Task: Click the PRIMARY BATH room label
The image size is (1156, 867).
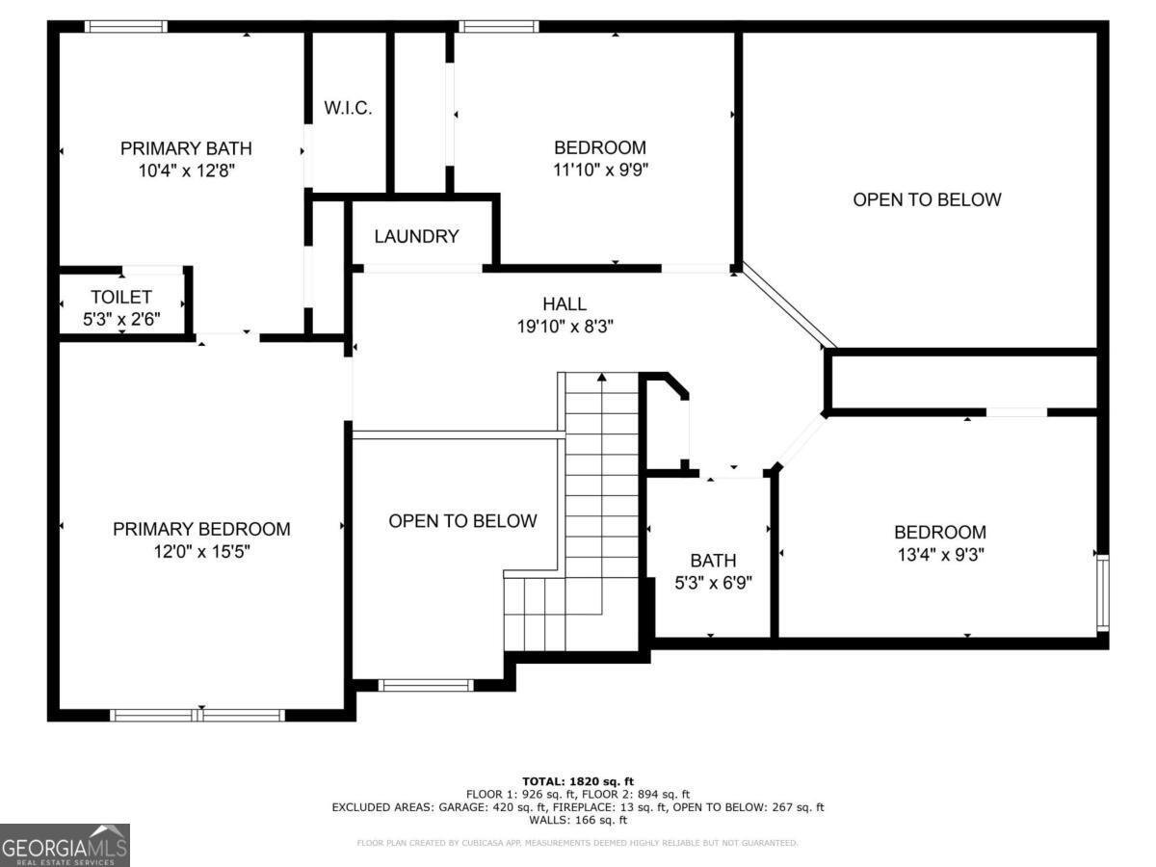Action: pyautogui.click(x=186, y=148)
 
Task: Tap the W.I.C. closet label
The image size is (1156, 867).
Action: pyautogui.click(x=348, y=108)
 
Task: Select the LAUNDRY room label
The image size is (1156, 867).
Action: pyautogui.click(x=416, y=236)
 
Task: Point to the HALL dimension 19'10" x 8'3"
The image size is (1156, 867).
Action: pyautogui.click(x=565, y=327)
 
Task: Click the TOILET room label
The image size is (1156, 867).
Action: pyautogui.click(x=121, y=297)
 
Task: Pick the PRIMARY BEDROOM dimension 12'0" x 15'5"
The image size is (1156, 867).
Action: pyautogui.click(x=201, y=552)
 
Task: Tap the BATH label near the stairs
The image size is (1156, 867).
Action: pyautogui.click(x=713, y=561)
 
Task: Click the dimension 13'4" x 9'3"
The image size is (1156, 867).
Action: pyautogui.click(x=939, y=555)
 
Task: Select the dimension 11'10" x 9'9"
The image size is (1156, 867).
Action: pyautogui.click(x=599, y=171)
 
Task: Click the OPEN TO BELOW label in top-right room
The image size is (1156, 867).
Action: pyautogui.click(x=927, y=199)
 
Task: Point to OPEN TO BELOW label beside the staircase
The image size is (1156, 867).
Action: pyautogui.click(x=462, y=521)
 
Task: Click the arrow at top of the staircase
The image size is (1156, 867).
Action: pyautogui.click(x=602, y=379)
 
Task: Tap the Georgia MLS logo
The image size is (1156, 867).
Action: pyautogui.click(x=65, y=845)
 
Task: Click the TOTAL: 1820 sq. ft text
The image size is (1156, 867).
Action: pyautogui.click(x=578, y=780)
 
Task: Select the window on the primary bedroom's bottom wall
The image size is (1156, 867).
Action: pyautogui.click(x=197, y=715)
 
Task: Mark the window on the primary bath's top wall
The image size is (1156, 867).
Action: pyautogui.click(x=125, y=27)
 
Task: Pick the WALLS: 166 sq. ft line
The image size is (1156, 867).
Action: pyautogui.click(x=578, y=821)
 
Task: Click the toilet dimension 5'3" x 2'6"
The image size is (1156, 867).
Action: pyautogui.click(x=121, y=318)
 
